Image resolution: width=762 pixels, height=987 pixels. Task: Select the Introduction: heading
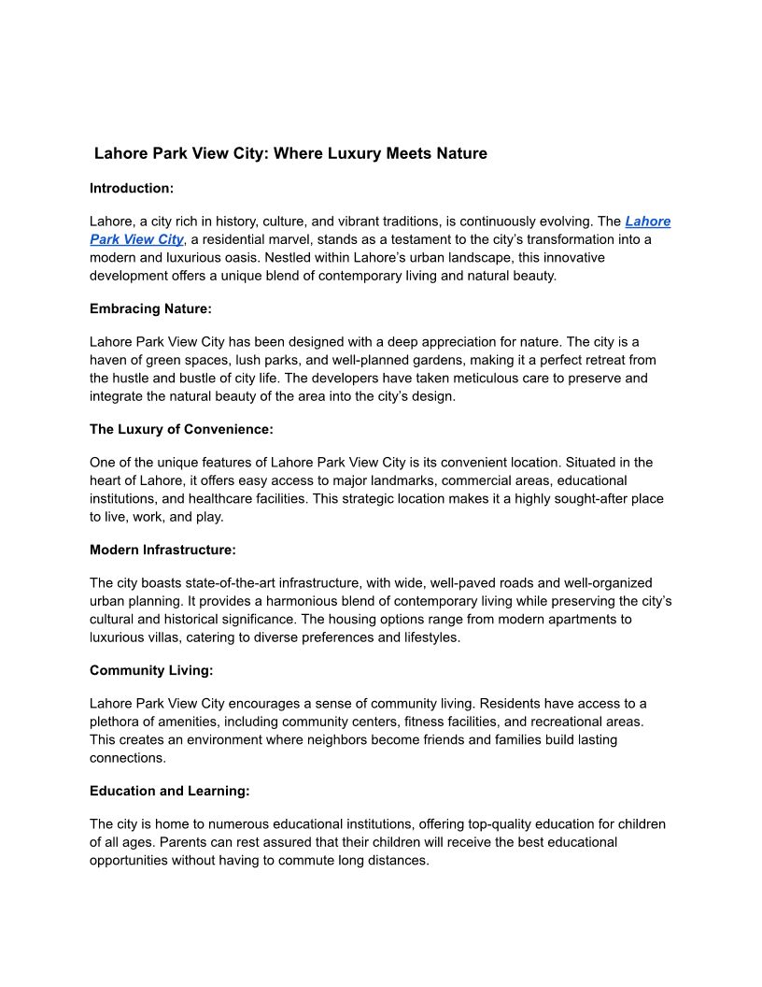tap(132, 188)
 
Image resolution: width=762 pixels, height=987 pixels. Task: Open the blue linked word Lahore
tap(647, 222)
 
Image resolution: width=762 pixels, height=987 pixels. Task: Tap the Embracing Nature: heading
tap(150, 308)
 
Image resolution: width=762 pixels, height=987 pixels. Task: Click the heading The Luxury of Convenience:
tap(181, 429)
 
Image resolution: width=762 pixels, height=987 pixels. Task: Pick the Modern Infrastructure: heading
tap(162, 550)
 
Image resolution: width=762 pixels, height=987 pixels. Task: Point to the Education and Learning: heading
tap(170, 791)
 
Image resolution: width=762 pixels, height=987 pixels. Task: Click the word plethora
tap(116, 722)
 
